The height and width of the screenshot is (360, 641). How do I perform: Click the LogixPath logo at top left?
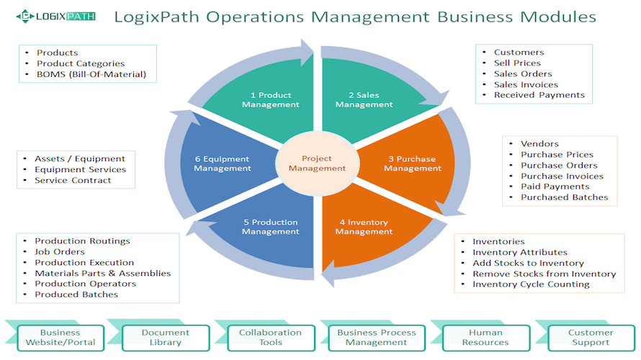[60, 14]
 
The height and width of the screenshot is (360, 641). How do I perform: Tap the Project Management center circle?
[317, 163]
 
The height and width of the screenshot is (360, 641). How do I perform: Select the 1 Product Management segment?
[270, 99]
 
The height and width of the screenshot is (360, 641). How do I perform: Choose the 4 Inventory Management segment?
[364, 227]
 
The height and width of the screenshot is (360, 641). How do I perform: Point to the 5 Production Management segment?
[270, 227]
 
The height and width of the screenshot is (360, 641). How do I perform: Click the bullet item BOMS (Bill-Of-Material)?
[91, 74]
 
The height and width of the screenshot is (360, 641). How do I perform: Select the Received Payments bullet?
[539, 95]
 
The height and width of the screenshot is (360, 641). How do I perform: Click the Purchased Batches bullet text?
[564, 197]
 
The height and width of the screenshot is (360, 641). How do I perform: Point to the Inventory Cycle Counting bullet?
[531, 284]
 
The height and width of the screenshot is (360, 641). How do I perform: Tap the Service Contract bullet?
[73, 180]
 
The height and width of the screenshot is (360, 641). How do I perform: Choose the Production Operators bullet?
[85, 284]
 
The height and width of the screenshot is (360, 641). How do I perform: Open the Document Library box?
[166, 338]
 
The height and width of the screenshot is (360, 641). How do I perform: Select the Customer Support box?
[591, 338]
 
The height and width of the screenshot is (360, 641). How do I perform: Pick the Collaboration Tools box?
[270, 338]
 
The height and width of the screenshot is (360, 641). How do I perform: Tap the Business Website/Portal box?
[60, 338]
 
